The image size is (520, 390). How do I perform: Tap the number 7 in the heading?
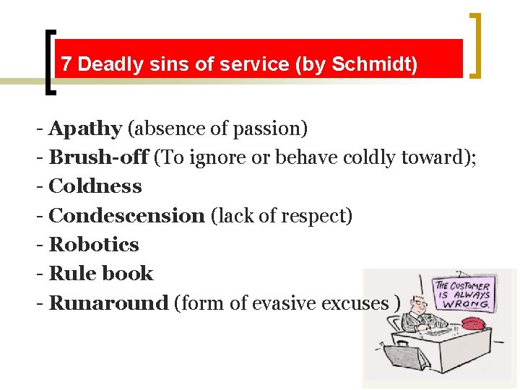click(66, 65)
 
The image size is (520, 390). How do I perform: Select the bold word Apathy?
click(84, 129)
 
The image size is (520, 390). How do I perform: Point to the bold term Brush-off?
click(98, 157)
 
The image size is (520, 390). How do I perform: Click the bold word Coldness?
click(95, 186)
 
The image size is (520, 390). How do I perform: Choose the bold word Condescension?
click(126, 216)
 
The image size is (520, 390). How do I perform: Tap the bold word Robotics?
click(93, 245)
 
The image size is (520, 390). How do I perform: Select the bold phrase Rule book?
click(100, 274)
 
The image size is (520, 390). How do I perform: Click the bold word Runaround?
click(108, 303)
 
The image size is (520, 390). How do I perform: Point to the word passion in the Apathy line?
click(273, 129)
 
